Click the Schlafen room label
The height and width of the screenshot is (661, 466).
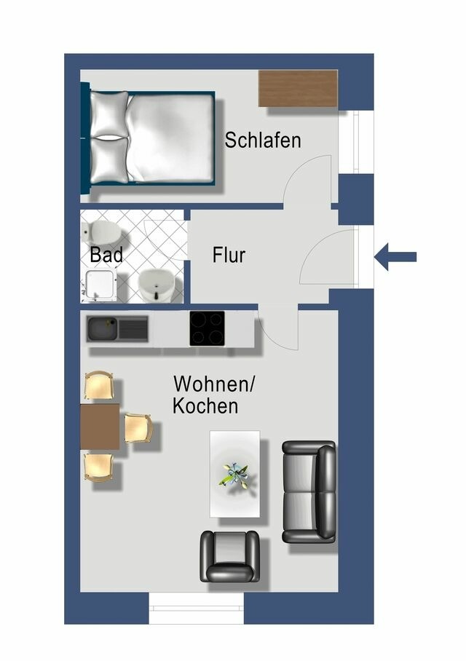point(262,140)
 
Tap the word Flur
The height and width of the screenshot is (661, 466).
point(229,256)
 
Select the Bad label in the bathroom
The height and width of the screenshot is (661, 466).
point(106,256)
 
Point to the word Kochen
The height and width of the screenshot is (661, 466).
point(205,406)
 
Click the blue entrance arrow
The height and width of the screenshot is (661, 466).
point(395,256)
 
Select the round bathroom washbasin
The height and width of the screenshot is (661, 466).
point(156,283)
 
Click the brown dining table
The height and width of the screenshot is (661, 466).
point(100,427)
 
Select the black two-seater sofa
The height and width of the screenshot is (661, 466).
point(309,491)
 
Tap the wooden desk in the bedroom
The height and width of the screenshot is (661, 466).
point(298,88)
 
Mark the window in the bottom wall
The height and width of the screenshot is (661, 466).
point(196,608)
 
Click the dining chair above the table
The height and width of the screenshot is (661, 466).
point(99,386)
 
